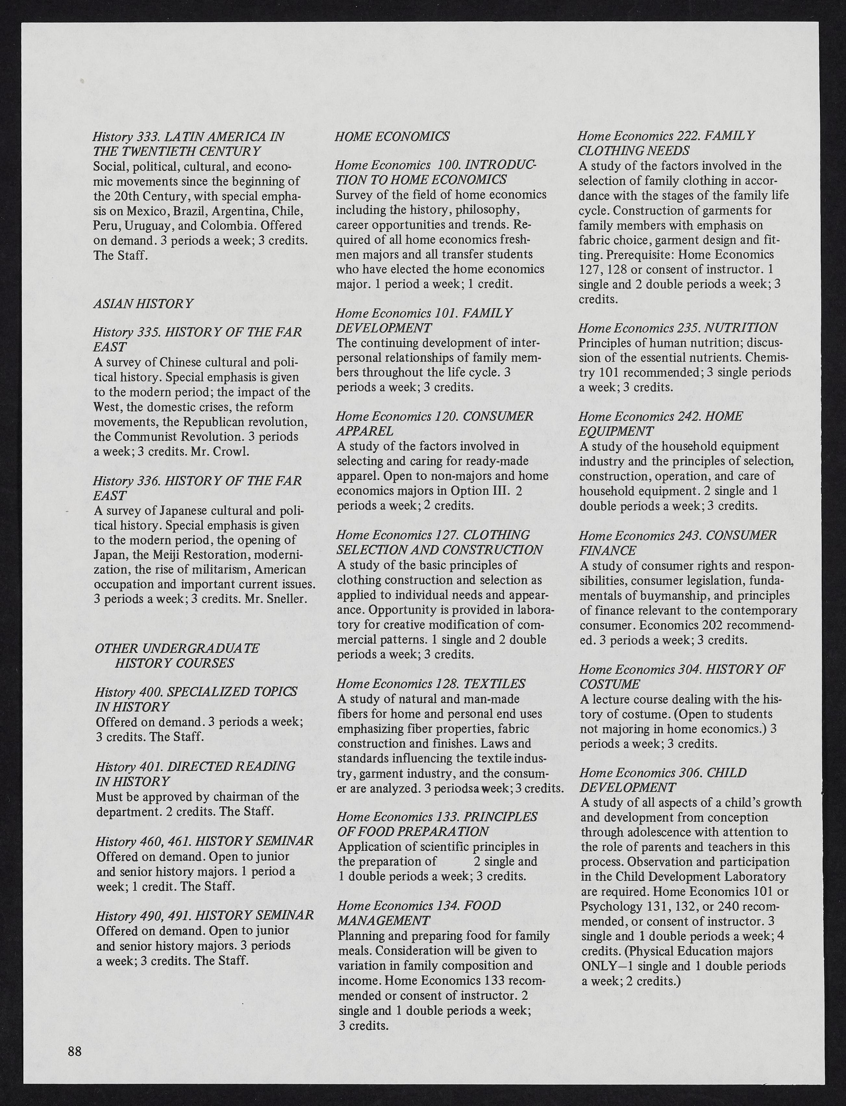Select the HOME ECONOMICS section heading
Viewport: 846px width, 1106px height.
392,136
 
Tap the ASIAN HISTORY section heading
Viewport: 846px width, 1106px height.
143,304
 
